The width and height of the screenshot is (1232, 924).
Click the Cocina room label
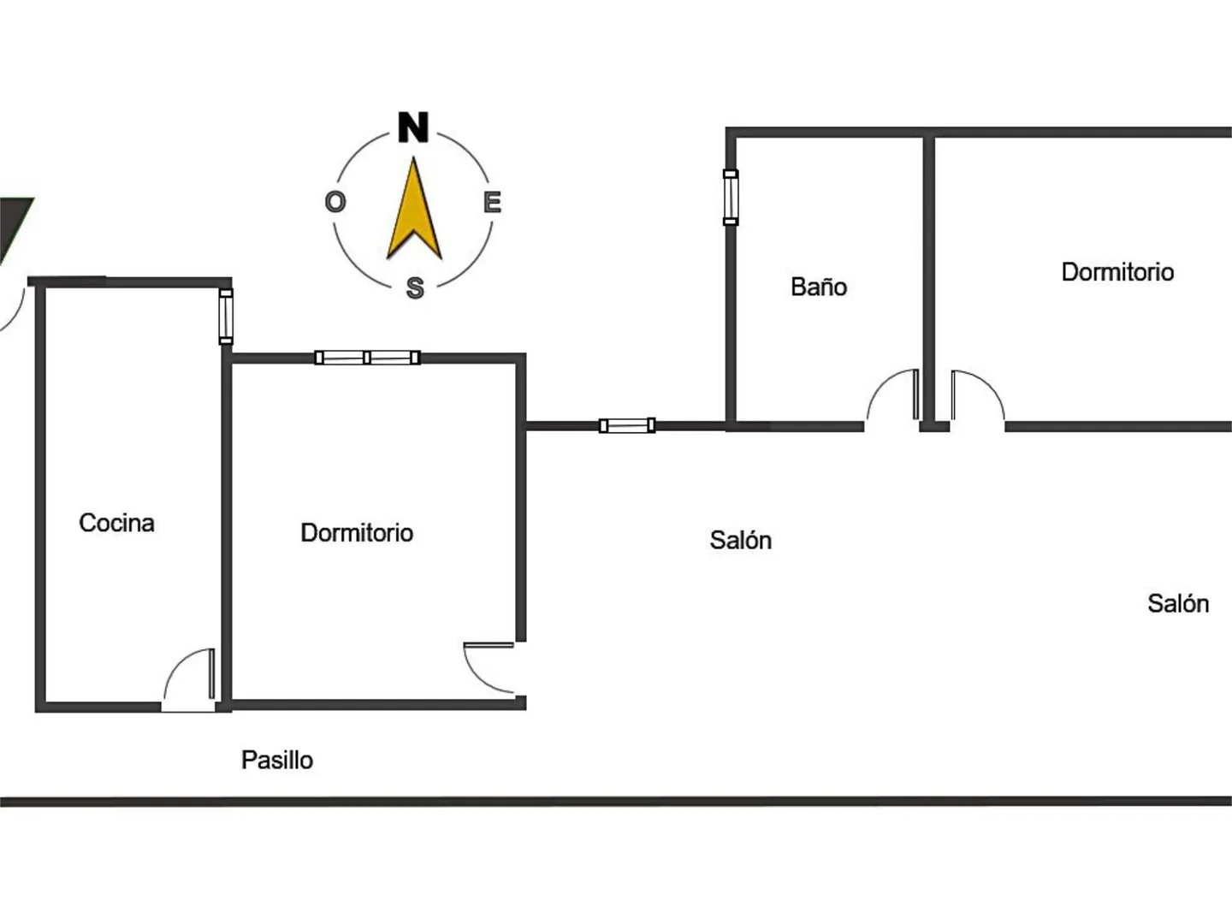(116, 523)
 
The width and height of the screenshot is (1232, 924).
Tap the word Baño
(819, 287)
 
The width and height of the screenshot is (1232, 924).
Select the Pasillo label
(276, 760)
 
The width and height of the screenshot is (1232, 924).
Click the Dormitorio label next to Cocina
(357, 533)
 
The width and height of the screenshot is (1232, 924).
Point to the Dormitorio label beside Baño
(1117, 272)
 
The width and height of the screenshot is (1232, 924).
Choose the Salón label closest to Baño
(740, 540)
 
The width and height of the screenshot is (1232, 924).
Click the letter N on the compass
(413, 127)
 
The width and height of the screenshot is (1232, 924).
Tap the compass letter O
(335, 202)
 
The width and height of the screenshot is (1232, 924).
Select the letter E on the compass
(492, 202)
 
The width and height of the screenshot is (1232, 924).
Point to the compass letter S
(415, 287)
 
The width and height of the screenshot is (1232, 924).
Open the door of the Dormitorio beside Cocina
(489, 666)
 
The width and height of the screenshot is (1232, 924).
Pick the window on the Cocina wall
(226, 317)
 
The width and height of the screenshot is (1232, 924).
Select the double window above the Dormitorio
(367, 358)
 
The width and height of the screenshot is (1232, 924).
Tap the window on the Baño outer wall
(731, 197)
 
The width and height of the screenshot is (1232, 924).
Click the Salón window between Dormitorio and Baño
(627, 425)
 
